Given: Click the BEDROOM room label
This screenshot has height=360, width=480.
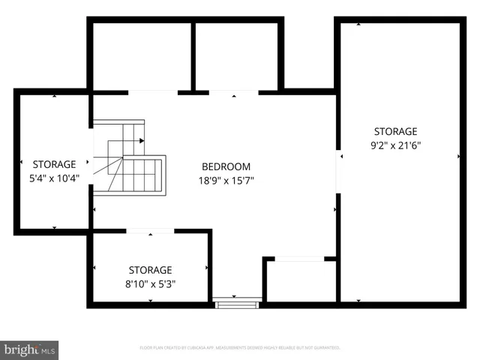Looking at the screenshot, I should [x=226, y=166].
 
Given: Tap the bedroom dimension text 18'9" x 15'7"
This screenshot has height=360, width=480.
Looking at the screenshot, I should [x=226, y=180].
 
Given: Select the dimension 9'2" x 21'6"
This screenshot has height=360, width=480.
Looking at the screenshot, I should [x=397, y=145].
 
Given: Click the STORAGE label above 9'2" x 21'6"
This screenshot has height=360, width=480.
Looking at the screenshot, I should [x=397, y=131].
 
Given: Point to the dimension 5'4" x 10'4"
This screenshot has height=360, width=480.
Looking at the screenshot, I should [x=53, y=178].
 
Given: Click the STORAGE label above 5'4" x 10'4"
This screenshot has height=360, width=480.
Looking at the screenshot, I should [x=53, y=164].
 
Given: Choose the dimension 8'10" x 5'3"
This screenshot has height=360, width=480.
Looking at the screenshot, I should [x=150, y=283].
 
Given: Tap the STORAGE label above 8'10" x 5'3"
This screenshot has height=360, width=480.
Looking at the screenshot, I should [x=150, y=270].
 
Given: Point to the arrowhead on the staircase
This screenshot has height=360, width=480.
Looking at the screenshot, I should [x=142, y=140].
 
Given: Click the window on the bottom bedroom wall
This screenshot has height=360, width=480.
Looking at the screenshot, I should [x=237, y=304].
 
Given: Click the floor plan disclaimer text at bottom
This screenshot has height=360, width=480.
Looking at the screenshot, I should [x=240, y=348].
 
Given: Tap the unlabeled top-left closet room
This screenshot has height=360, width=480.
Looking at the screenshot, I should [x=141, y=56].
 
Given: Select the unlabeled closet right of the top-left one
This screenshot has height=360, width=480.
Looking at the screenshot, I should [x=236, y=56].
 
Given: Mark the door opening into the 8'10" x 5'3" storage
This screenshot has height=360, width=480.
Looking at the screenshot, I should [x=150, y=231].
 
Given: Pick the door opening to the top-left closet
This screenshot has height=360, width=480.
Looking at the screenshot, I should [x=153, y=92].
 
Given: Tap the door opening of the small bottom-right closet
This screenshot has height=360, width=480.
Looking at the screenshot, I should [x=299, y=259].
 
